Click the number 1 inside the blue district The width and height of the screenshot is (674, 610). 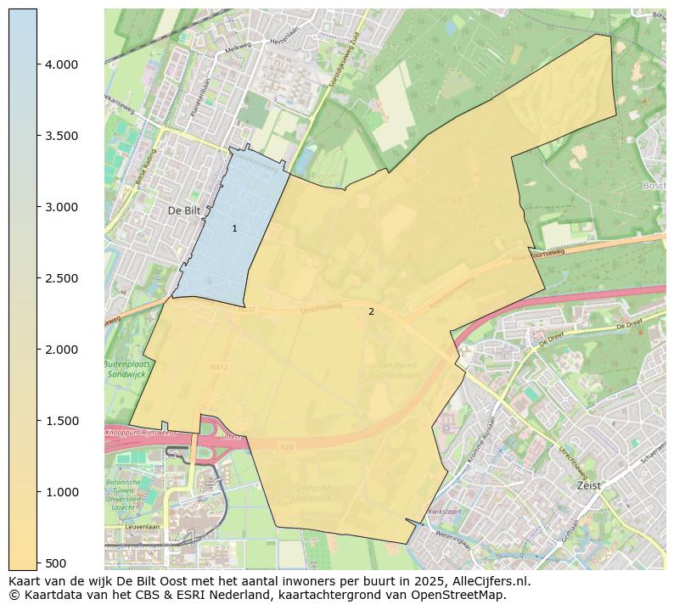coord(235,228)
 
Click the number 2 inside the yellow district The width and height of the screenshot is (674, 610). coord(371,311)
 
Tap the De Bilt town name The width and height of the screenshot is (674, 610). coord(183,210)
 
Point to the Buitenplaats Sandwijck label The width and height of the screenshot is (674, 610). coord(126,368)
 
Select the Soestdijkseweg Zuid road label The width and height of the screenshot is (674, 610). coord(343,59)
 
